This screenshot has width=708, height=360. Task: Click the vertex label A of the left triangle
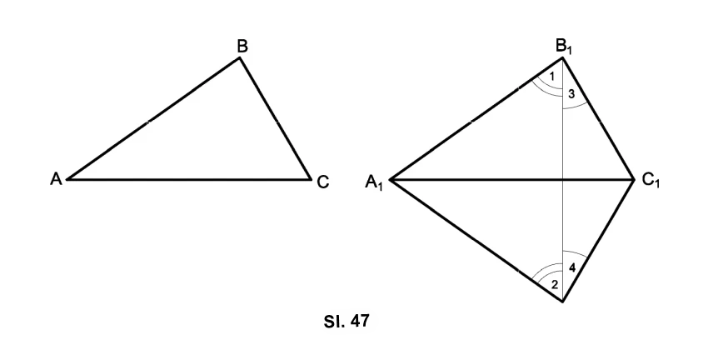[x=56, y=179]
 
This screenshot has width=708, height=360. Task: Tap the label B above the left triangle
[x=242, y=46]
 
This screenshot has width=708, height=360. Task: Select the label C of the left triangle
[x=323, y=182]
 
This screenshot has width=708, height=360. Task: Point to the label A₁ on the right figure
[x=374, y=182]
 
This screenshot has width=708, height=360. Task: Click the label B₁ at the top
[x=564, y=47]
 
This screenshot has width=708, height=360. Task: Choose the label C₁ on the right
[x=651, y=181]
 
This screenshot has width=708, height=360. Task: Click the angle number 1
[x=551, y=77]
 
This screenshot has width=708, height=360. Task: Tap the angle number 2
[x=555, y=285]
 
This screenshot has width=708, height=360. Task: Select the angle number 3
[x=571, y=94]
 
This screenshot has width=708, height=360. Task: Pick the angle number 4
[x=572, y=267]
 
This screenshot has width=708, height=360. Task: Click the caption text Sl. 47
[x=347, y=321]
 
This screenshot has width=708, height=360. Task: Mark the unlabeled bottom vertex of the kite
[x=562, y=302]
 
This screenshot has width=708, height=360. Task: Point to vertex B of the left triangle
[x=240, y=57]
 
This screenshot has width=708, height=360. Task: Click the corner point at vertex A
[x=67, y=179]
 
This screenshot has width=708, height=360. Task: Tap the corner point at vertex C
[x=312, y=179]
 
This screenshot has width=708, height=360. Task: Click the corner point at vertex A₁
[x=390, y=180]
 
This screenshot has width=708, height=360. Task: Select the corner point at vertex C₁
[x=635, y=180]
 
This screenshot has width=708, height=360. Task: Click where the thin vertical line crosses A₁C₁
[x=562, y=180]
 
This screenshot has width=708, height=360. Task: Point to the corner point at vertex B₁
[x=562, y=57]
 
